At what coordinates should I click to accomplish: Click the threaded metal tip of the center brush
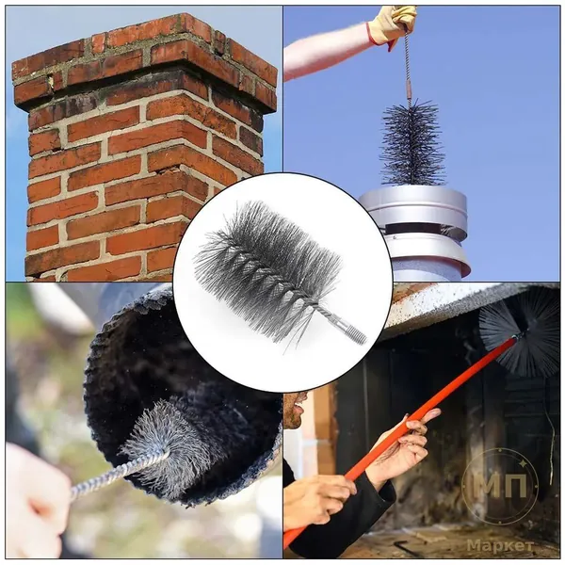[355, 334]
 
